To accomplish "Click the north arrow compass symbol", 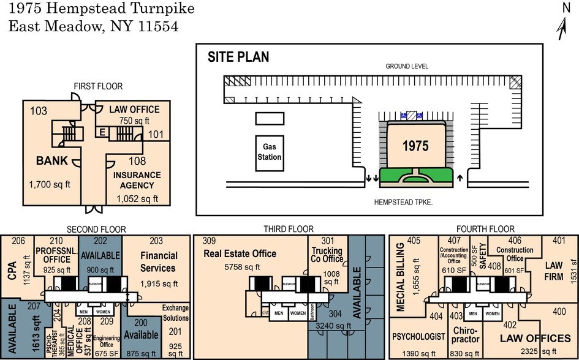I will click(564, 24).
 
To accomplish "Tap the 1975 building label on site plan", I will click(415, 146).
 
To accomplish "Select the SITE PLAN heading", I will click(238, 58).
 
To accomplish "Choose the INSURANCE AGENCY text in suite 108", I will click(137, 179).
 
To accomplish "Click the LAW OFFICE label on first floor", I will click(134, 110).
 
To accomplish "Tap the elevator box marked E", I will click(101, 132).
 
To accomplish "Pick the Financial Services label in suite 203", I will click(159, 261).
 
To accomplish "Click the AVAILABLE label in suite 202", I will click(100, 255).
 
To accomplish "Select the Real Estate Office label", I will click(240, 253).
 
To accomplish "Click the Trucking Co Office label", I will click(327, 255).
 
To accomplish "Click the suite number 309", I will click(210, 241).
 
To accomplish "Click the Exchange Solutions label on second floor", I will click(175, 313).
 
